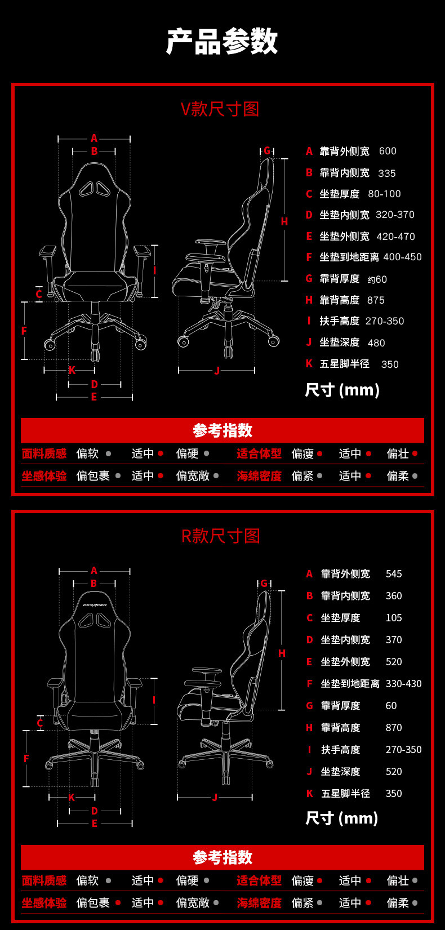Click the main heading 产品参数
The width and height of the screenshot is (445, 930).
[x=222, y=41]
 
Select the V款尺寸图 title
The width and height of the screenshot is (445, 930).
[x=220, y=109]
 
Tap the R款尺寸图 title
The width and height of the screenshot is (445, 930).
[x=220, y=536]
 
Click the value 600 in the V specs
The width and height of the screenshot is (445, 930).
[x=388, y=151]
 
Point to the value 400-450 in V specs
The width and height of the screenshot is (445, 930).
[x=402, y=257]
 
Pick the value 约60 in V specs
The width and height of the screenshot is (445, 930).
[x=377, y=279]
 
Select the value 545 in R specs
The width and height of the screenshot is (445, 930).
[x=394, y=574]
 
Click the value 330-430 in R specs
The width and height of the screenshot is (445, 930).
[x=403, y=684]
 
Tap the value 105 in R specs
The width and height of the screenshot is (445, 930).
[x=394, y=618]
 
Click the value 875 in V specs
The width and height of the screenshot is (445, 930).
[x=376, y=300]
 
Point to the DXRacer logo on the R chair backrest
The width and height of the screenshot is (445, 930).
[x=95, y=605]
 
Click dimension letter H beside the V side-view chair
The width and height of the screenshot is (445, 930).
[x=284, y=221]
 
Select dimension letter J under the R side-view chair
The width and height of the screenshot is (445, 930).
[x=215, y=797]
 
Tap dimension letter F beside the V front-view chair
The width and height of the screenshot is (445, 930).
[x=24, y=331]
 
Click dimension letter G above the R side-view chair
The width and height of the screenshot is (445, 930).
[x=264, y=584]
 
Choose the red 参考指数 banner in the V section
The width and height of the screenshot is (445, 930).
[x=222, y=430]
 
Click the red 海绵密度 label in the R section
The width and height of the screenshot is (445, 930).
[x=259, y=903]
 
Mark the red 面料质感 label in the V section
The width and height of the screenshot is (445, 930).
[x=44, y=453]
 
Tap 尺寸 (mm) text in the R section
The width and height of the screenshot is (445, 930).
[x=341, y=818]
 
